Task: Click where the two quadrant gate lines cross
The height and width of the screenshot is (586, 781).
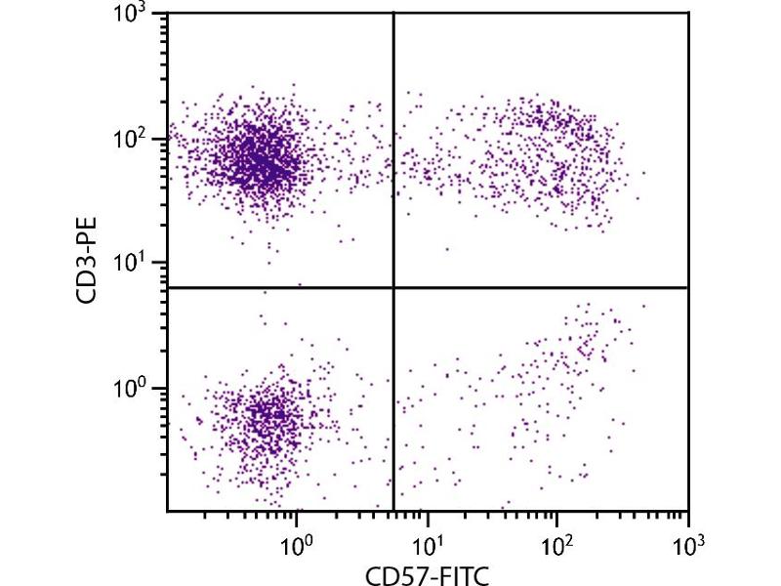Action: [393, 288]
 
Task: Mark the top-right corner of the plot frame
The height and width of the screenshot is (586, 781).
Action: [688, 13]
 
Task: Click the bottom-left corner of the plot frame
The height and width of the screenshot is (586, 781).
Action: [167, 511]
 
